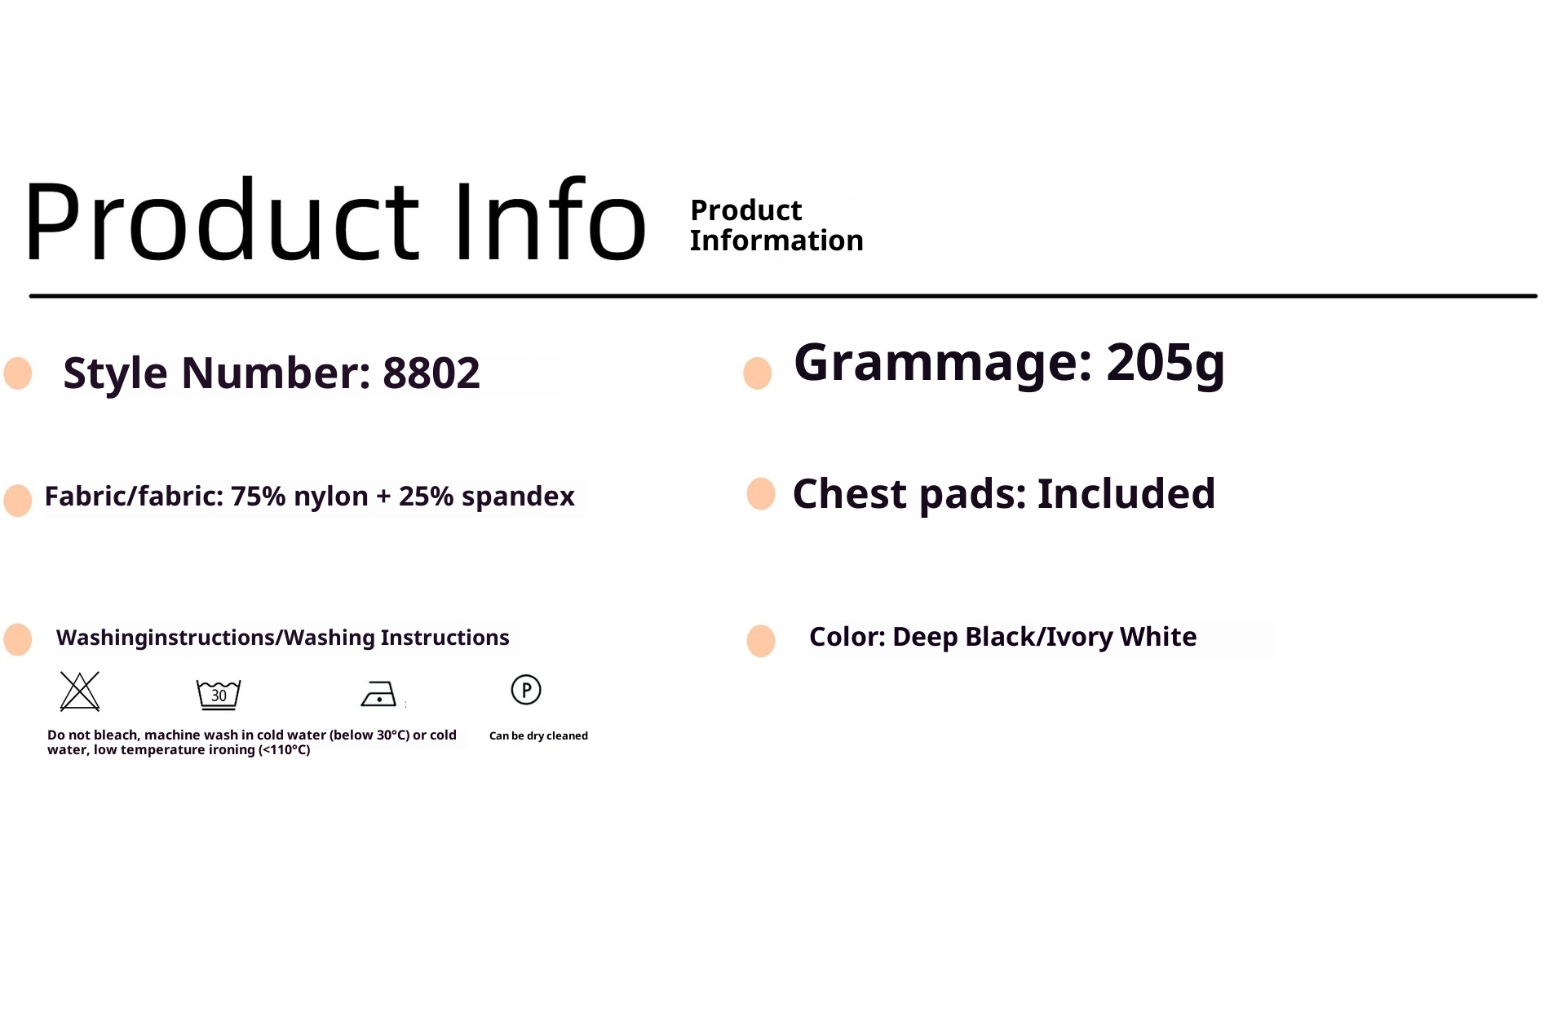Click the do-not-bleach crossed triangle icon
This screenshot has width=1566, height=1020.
point(80,691)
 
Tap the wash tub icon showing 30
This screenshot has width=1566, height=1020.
point(219,695)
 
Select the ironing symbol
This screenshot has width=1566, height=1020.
point(378,694)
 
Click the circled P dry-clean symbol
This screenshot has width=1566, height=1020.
point(526,690)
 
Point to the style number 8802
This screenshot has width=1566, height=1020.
point(431,373)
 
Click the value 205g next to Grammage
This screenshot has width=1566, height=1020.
point(1166,363)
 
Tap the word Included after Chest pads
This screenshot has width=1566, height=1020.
point(1126,493)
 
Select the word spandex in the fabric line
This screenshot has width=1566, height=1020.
point(518,497)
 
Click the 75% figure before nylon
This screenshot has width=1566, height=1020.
point(258,496)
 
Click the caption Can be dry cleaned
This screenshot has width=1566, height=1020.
point(538,735)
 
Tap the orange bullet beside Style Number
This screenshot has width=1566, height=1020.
point(18,373)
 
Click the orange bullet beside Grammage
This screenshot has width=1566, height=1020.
point(758,373)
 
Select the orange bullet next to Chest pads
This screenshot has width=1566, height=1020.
point(761,494)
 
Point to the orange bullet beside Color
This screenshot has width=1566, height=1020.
point(761,641)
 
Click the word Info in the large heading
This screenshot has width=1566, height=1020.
point(550,219)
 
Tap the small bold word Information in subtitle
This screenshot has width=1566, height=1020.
point(776,241)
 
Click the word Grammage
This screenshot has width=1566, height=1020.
point(943,364)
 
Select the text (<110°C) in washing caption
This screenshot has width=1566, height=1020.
point(285,750)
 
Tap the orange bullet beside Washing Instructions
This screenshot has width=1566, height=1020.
point(18,640)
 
